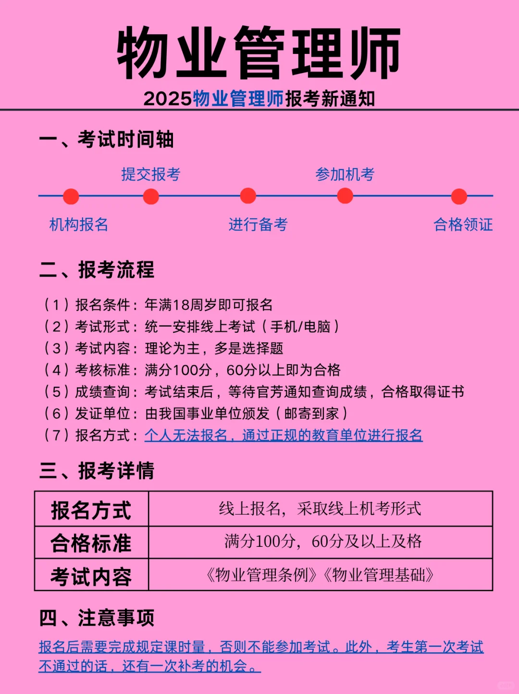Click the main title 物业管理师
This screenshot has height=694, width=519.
click(x=259, y=53)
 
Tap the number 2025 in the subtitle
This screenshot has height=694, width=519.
click(x=168, y=99)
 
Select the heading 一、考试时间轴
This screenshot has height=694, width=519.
click(x=106, y=139)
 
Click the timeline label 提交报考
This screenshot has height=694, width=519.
click(x=151, y=174)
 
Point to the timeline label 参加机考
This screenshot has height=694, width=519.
click(x=345, y=174)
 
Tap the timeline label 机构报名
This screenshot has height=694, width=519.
click(x=79, y=225)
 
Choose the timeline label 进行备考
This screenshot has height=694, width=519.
click(x=258, y=225)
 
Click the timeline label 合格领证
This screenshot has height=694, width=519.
click(x=463, y=225)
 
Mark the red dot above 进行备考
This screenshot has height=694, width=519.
click(x=248, y=196)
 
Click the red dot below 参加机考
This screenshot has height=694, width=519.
click(x=345, y=196)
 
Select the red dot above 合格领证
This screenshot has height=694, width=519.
click(x=459, y=196)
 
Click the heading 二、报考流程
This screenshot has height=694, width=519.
click(x=97, y=270)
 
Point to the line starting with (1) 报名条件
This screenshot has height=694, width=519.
click(x=159, y=305)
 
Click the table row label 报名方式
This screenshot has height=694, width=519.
click(x=91, y=510)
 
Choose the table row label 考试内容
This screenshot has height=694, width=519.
click(x=91, y=576)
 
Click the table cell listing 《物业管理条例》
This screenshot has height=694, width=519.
click(x=321, y=575)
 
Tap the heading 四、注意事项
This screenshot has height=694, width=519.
click(x=97, y=618)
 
